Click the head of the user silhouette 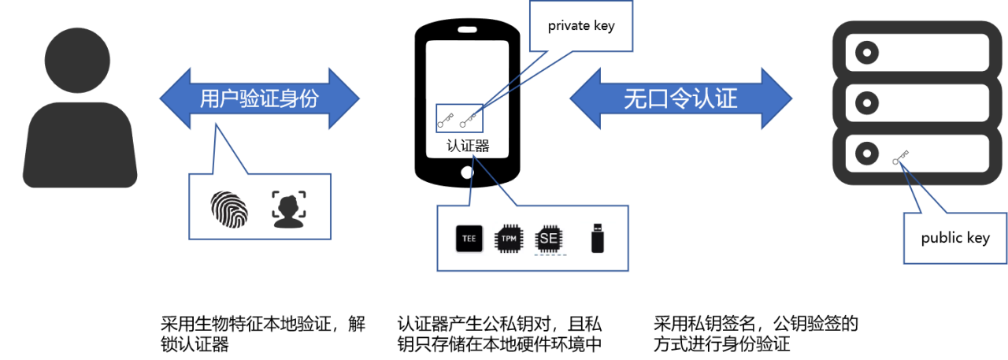[x=78, y=60]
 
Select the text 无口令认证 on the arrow [x=680, y=98]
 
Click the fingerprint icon [x=229, y=209]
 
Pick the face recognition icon [x=288, y=209]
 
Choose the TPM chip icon [x=510, y=239]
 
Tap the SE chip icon [x=550, y=239]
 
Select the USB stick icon [x=598, y=238]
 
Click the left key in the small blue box [x=446, y=121]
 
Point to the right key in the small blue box [x=469, y=121]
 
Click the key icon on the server [x=901, y=158]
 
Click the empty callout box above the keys [x=580, y=25]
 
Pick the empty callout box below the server [x=954, y=239]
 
